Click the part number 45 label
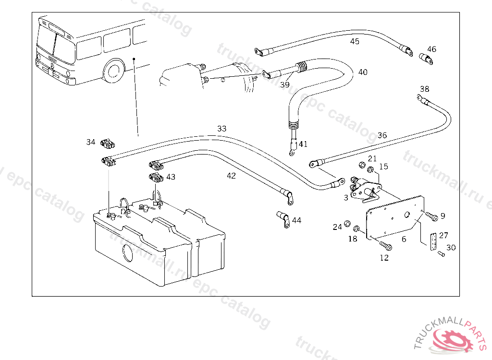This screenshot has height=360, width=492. pos(355,42)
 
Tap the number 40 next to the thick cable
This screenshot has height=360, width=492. pos(363,72)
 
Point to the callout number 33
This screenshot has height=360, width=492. pos(221,129)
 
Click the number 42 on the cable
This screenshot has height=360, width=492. pos(232,176)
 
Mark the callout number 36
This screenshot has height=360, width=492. pos(382,135)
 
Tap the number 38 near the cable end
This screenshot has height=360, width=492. pos(424,89)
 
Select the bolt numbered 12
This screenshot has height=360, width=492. pos(386,246)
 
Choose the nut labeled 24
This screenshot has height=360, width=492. pos(347,224)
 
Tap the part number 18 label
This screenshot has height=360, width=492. pos(353,239)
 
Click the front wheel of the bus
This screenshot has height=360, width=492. pos(114,70)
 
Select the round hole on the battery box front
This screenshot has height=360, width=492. pos(127,252)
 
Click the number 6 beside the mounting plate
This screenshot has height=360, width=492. pos(404,239)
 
